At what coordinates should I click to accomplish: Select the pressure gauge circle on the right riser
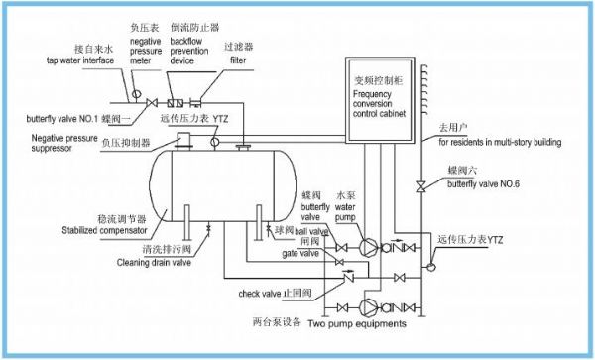coord(429,265)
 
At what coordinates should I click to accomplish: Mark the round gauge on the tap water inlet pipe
coord(129,98)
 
